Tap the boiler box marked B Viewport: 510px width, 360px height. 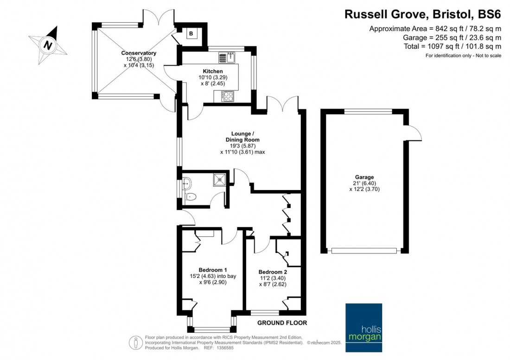[x=190, y=34]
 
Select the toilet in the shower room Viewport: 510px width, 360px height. [x=191, y=197]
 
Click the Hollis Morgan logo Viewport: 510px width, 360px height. [x=364, y=322]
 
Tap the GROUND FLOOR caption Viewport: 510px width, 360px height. [x=282, y=323]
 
